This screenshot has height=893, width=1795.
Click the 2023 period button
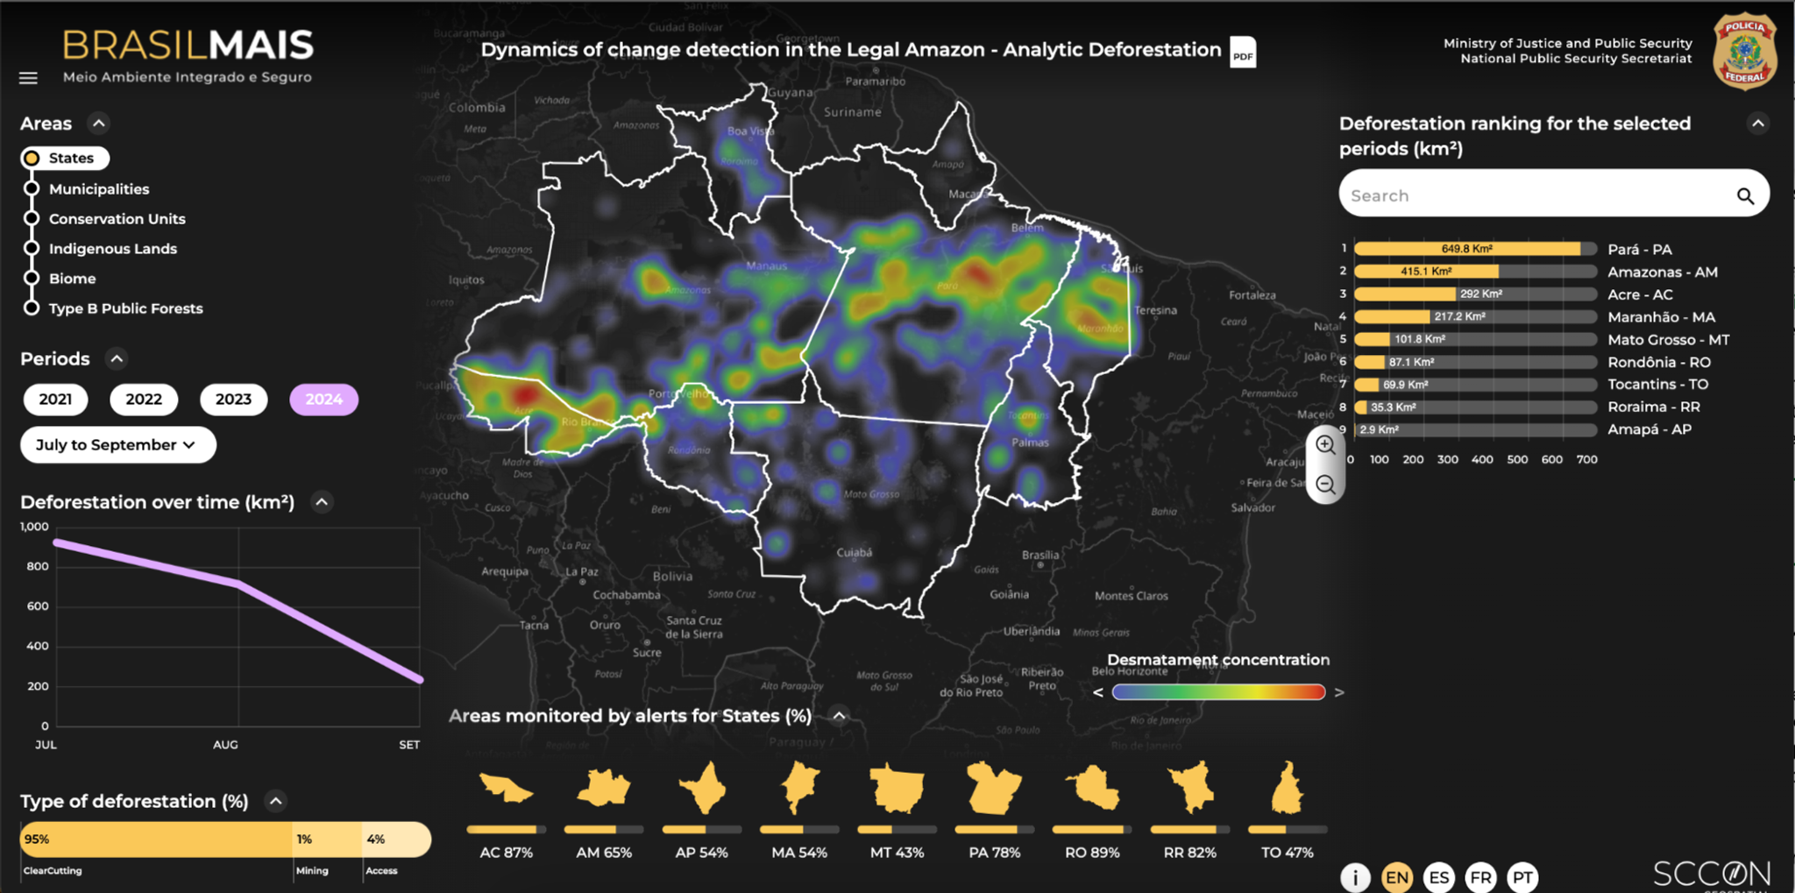tap(233, 400)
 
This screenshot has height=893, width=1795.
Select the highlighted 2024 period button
tap(323, 400)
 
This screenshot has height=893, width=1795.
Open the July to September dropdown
tap(117, 445)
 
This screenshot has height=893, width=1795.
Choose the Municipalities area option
tap(98, 189)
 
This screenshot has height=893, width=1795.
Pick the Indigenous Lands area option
tap(112, 249)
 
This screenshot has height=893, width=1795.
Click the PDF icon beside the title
tap(1243, 53)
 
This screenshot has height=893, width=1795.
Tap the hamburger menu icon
tap(28, 78)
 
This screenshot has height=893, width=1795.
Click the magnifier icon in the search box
tap(1745, 196)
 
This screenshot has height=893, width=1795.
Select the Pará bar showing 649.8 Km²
tap(1467, 249)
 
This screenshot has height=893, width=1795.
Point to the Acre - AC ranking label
tap(1640, 294)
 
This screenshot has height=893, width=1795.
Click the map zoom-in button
tap(1325, 445)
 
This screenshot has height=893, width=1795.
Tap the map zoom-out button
tap(1325, 485)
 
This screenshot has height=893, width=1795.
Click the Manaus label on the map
tap(766, 266)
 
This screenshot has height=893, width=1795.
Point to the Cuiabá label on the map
tap(854, 552)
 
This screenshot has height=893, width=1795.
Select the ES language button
tap(1438, 877)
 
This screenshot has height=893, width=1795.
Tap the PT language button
tap(1522, 877)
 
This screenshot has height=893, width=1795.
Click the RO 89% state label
tap(1092, 853)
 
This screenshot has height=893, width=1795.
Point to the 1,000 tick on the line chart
tap(34, 527)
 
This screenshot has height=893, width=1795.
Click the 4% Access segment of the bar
tap(395, 840)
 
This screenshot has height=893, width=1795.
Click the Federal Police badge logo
tap(1744, 51)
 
